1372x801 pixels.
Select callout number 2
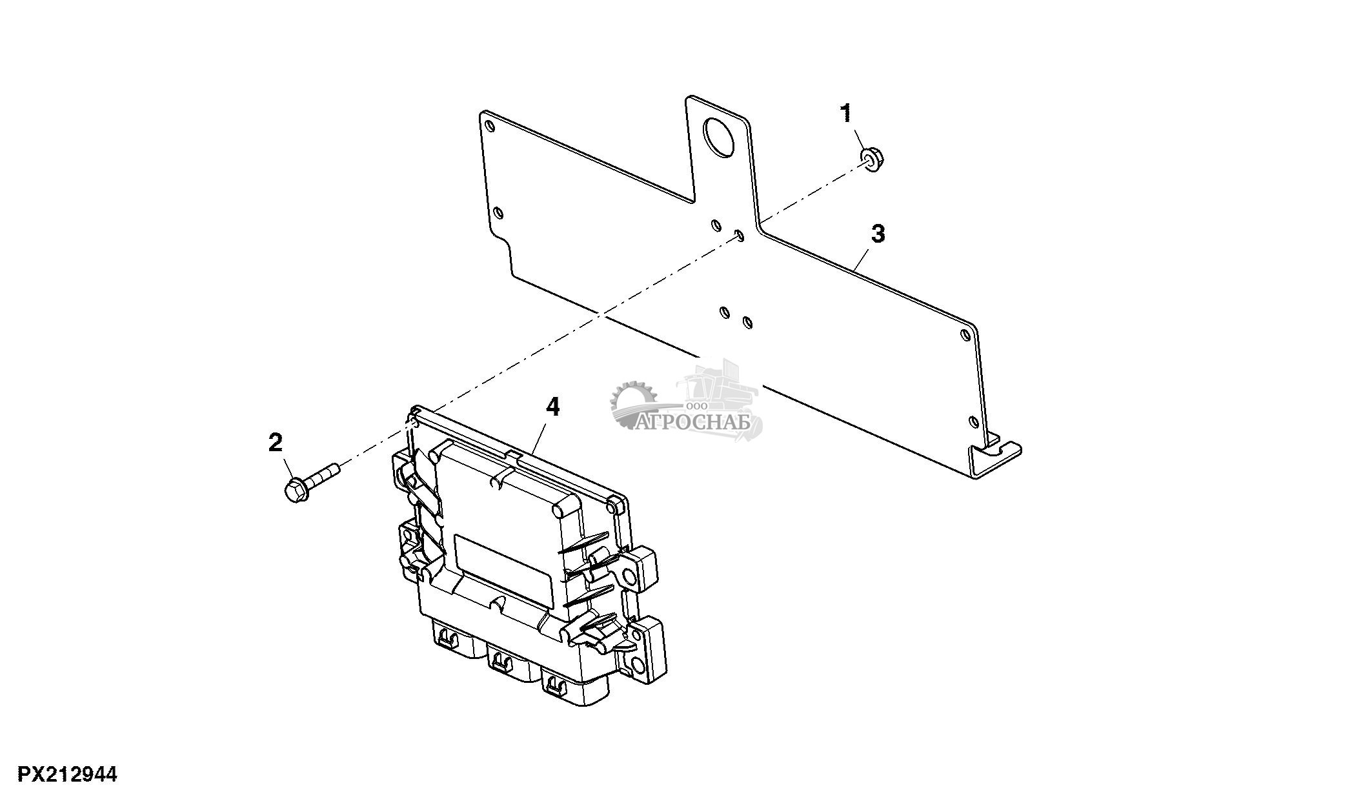coord(276,443)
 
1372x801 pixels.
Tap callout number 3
coord(878,234)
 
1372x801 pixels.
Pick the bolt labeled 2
coord(312,479)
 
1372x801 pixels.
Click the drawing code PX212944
coord(67,775)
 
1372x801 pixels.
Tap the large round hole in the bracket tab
coord(721,138)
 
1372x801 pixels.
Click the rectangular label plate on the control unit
coord(503,562)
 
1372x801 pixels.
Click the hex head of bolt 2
coord(296,491)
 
